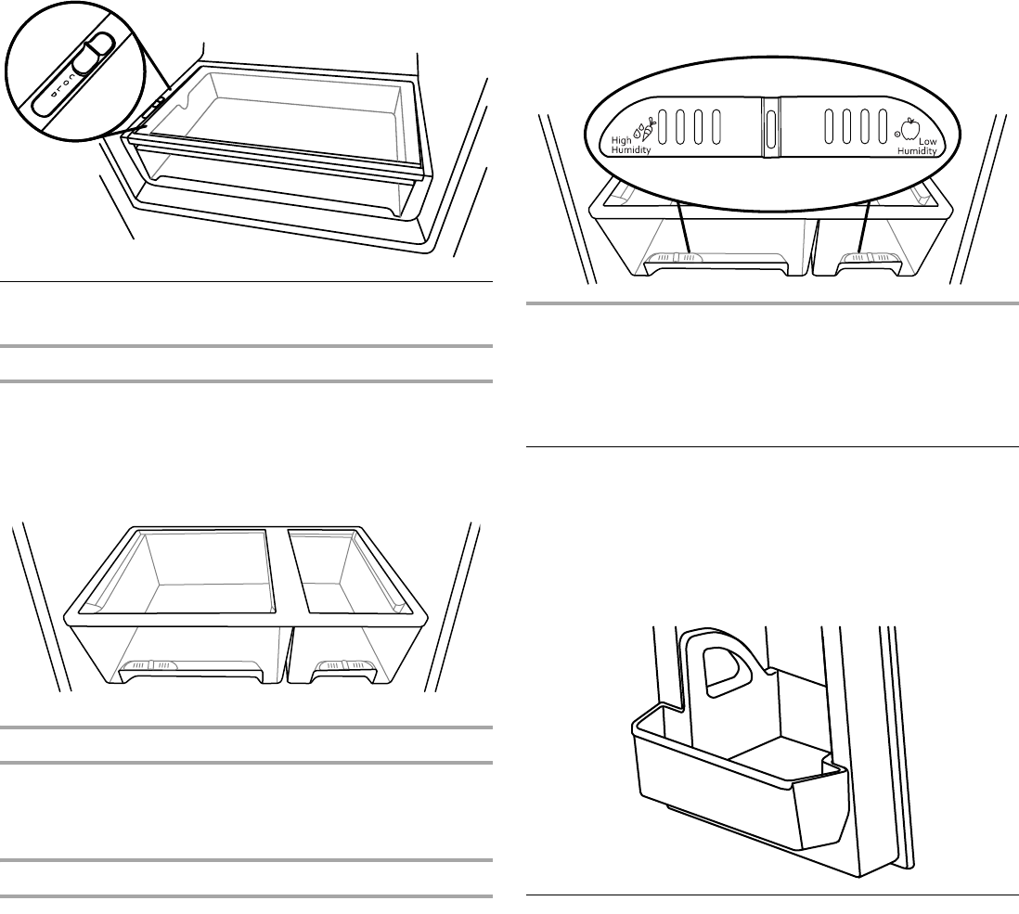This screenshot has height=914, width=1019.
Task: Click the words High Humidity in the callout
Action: point(630,144)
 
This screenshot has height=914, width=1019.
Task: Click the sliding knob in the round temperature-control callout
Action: point(91,56)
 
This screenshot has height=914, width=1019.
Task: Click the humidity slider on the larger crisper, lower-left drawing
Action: point(150,666)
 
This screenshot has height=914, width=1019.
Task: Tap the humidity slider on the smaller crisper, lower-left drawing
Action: point(344,665)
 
